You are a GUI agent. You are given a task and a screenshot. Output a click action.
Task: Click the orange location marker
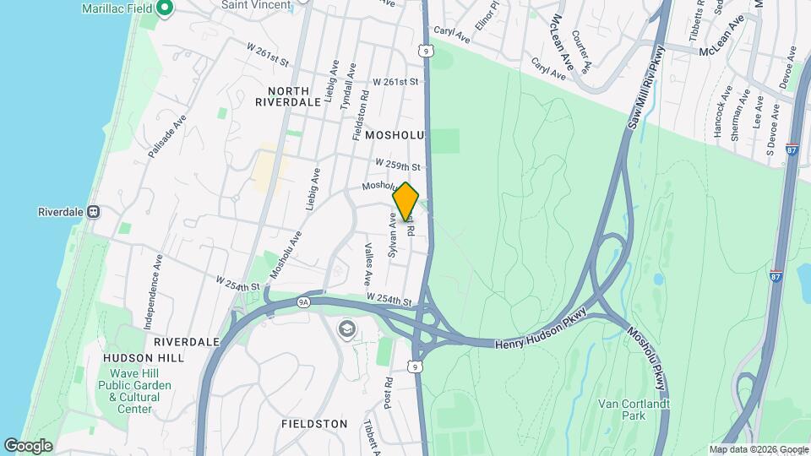[x=406, y=201]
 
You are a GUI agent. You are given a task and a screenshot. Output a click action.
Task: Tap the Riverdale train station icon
[x=94, y=211]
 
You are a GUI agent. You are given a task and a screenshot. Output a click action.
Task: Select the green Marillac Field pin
[x=165, y=9]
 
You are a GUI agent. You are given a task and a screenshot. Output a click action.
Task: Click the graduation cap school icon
[x=346, y=328]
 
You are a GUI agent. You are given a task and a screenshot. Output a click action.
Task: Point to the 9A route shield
[x=304, y=300]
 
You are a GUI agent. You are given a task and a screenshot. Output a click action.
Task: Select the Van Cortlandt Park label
[x=634, y=410]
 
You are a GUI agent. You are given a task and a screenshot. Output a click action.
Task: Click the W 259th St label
[x=398, y=165]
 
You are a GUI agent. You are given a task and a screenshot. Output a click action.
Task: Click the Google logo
[x=28, y=446]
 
